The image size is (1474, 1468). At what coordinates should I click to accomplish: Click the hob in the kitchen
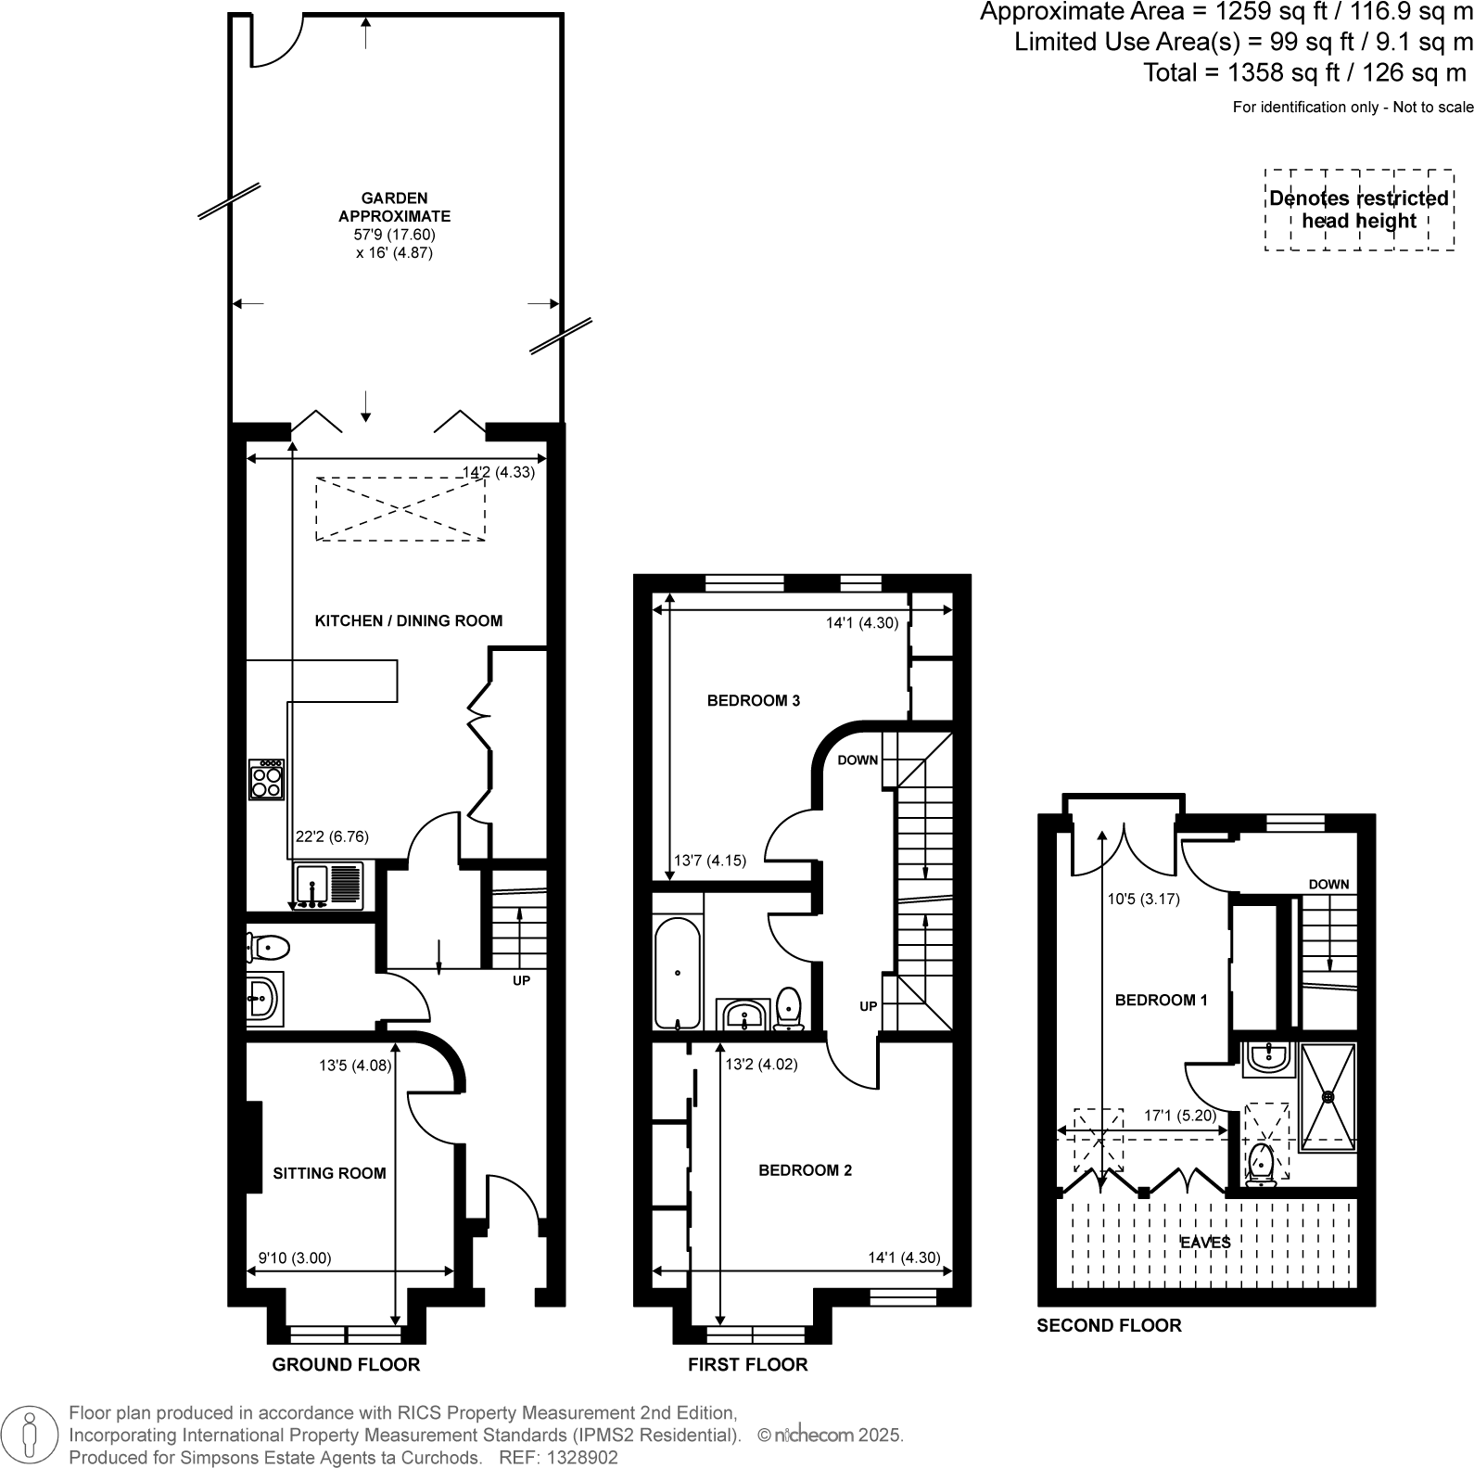(266, 779)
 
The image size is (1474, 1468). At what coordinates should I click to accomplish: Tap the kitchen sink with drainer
(329, 886)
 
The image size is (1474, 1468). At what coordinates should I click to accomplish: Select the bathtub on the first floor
(678, 974)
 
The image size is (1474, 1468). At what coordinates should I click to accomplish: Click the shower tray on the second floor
(1328, 1092)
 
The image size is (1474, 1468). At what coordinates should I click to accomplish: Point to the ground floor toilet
(268, 948)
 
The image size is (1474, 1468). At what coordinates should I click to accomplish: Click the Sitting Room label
(329, 1173)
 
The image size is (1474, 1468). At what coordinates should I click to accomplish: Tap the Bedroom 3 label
(753, 700)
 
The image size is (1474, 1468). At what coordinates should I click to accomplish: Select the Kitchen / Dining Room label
(409, 620)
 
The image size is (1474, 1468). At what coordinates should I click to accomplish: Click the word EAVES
(1205, 1242)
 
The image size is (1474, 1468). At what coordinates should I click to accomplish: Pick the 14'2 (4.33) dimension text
(499, 472)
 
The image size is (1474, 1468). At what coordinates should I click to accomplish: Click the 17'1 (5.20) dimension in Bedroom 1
(1179, 1116)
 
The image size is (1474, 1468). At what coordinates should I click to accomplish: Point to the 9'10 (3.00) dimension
(294, 1258)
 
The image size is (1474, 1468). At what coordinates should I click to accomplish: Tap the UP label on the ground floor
(522, 980)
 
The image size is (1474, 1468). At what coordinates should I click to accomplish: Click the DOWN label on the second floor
(1328, 884)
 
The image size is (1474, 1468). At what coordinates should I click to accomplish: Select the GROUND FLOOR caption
(346, 1364)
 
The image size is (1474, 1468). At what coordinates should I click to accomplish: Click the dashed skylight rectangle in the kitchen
(400, 508)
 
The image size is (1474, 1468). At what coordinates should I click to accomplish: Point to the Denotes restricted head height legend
(1359, 210)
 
